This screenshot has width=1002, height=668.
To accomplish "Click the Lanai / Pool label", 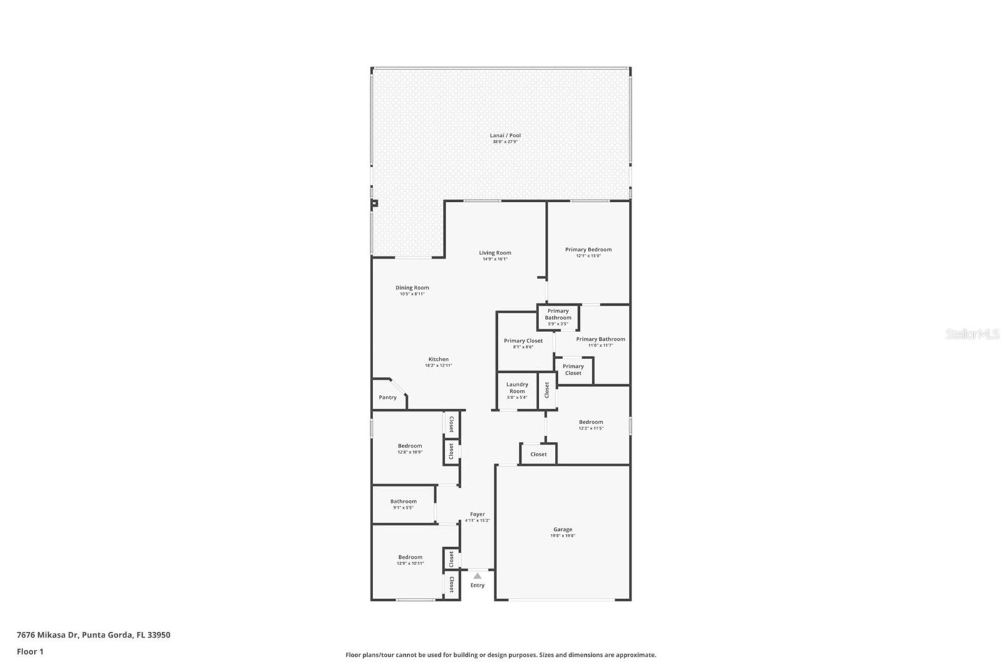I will [x=505, y=135].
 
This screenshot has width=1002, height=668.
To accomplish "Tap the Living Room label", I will [x=495, y=253].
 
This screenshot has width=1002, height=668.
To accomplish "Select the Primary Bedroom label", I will [x=588, y=249].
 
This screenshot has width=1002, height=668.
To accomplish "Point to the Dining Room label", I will [x=412, y=288].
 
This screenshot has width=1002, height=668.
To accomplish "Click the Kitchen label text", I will [x=438, y=359].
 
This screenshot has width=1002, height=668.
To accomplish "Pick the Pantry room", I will [x=388, y=397].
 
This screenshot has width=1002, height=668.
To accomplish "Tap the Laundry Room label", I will [x=517, y=388].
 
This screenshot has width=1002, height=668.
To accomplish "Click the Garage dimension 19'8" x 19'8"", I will [x=562, y=536].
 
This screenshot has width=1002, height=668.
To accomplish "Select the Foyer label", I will [x=477, y=514].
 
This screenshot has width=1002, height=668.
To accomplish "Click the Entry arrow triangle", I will [x=477, y=576].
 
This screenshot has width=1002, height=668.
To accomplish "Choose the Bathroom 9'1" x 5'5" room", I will [x=403, y=504].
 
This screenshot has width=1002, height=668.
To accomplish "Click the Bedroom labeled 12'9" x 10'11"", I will [x=410, y=560].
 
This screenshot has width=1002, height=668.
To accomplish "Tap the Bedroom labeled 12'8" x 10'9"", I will [x=410, y=449].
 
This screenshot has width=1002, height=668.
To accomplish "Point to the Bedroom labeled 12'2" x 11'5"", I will [x=591, y=425].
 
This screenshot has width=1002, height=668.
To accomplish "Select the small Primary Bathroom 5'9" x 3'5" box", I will [x=557, y=317].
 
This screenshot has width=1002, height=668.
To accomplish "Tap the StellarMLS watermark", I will [x=972, y=334].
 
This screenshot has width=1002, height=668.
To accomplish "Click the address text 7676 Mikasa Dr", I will [x=47, y=635].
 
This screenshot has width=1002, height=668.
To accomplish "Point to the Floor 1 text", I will [x=30, y=652].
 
